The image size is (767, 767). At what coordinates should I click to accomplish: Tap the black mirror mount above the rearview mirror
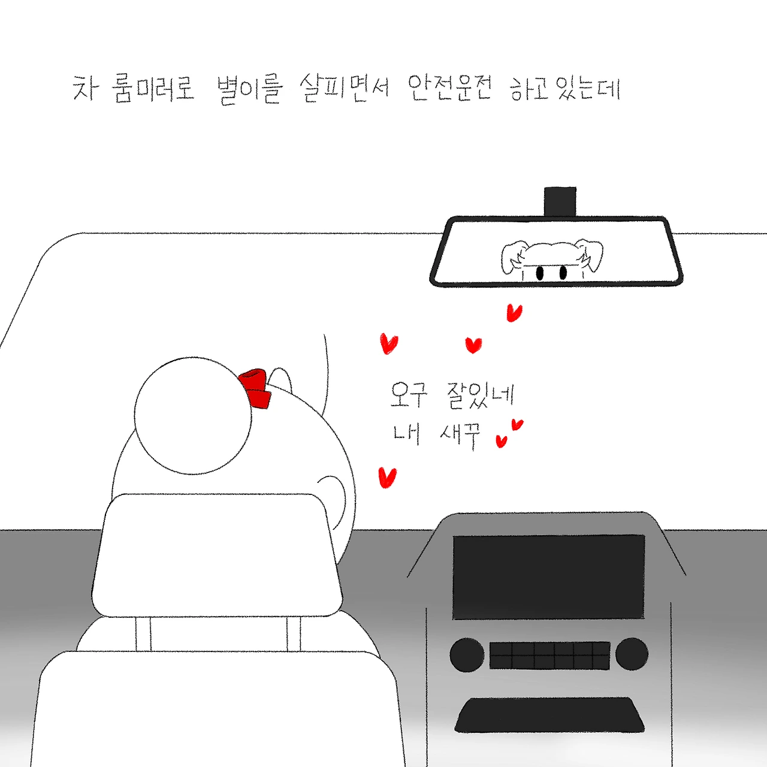coord(560,201)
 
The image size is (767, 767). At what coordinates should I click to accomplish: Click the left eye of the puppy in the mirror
coord(539,273)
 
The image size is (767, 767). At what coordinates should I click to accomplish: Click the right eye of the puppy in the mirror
coord(563,273)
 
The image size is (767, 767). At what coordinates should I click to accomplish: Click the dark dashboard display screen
coord(548,576)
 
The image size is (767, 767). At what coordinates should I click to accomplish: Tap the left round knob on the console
coord(466,654)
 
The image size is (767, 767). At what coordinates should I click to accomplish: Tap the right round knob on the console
coord(632,654)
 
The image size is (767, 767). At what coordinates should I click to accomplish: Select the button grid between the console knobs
coord(549,656)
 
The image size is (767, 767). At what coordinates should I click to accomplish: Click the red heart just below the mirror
coord(514,312)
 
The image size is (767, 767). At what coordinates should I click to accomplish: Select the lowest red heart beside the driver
coord(387,477)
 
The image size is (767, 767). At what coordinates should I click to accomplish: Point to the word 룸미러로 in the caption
coord(155,89)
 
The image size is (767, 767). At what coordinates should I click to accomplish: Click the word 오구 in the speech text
coord(409,395)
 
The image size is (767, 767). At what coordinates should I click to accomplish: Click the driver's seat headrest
coord(217,555)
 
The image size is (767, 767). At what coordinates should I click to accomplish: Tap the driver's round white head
coord(193,415)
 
